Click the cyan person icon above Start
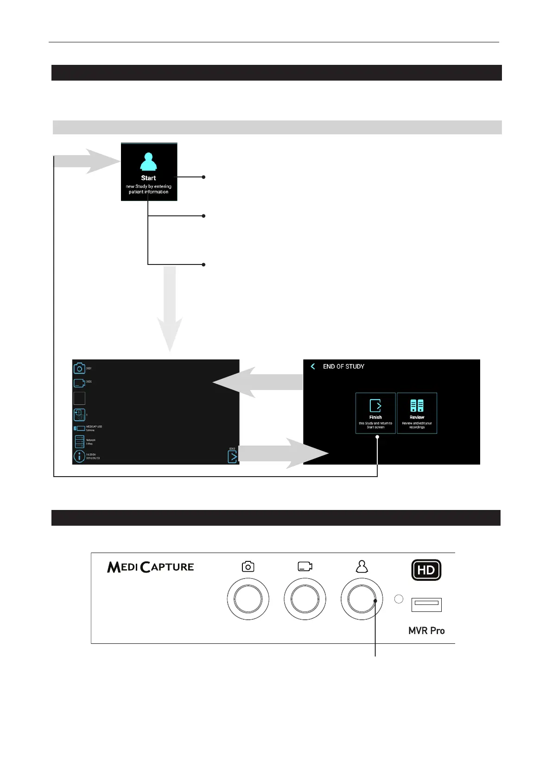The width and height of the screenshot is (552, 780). tap(148, 162)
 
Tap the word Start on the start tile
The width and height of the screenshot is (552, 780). tap(148, 178)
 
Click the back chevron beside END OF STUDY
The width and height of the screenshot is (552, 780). tap(313, 366)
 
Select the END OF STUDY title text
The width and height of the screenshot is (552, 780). tap(343, 366)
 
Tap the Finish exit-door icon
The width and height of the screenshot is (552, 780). tap(375, 406)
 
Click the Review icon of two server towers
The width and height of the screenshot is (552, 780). tap(417, 406)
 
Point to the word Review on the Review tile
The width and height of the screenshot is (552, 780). tap(417, 417)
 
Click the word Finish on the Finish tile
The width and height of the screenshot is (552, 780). tap(375, 417)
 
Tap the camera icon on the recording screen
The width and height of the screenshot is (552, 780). tap(79, 369)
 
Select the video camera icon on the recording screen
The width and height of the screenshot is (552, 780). tap(79, 383)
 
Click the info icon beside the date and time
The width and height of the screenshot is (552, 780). tap(79, 456)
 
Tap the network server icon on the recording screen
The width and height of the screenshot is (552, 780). tap(79, 441)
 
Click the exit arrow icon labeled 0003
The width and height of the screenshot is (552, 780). tap(232, 457)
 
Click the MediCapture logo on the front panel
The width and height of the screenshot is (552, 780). tap(150, 567)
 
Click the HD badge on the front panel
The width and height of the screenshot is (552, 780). tap(426, 570)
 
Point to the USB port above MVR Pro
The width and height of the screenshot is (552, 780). tap(426, 604)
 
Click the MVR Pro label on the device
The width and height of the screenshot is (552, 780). tap(426, 630)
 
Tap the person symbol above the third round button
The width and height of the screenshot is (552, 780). tap(362, 566)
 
